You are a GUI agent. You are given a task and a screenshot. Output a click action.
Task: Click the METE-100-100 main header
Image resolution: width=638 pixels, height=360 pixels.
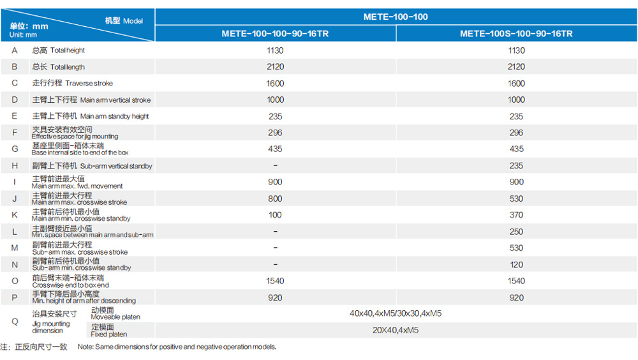point(396,17)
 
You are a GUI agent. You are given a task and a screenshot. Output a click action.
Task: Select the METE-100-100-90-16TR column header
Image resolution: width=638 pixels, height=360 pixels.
point(275,34)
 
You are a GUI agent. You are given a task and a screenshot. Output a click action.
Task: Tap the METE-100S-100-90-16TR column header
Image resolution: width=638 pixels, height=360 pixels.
point(516,34)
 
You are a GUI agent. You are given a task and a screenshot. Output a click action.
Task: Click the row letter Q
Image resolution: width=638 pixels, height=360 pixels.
point(15,322)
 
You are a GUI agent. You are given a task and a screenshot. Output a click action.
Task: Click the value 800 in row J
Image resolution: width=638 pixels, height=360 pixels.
point(275,199)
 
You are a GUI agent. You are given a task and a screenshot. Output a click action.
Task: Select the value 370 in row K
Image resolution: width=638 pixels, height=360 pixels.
point(516,215)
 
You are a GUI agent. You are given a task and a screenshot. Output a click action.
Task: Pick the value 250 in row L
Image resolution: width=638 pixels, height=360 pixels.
point(516,232)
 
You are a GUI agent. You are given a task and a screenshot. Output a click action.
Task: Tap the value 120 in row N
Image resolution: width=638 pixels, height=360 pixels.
point(516,264)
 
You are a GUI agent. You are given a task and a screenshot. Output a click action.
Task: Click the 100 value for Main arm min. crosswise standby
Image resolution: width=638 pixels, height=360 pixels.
point(275,215)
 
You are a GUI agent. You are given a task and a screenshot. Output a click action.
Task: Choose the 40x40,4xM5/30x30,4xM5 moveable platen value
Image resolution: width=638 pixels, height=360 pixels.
point(396,313)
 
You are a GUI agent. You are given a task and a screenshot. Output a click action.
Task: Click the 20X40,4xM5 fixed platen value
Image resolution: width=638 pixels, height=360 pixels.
point(396,330)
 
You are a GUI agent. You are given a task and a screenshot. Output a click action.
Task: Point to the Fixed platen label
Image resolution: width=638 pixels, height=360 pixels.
point(109,331)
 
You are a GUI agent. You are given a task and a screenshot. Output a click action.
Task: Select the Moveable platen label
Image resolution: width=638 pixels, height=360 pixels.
point(115,313)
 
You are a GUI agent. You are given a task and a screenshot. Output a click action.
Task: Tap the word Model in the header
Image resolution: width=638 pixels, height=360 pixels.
point(133,21)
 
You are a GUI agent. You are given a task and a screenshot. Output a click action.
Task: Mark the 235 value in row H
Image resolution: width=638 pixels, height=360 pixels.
point(516,166)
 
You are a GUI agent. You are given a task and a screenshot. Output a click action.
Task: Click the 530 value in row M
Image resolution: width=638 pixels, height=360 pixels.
point(516,248)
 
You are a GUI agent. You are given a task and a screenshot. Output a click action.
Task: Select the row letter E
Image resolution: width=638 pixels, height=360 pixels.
point(15,116)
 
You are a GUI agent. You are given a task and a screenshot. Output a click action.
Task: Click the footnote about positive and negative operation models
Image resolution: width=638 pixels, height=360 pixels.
point(177,347)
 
